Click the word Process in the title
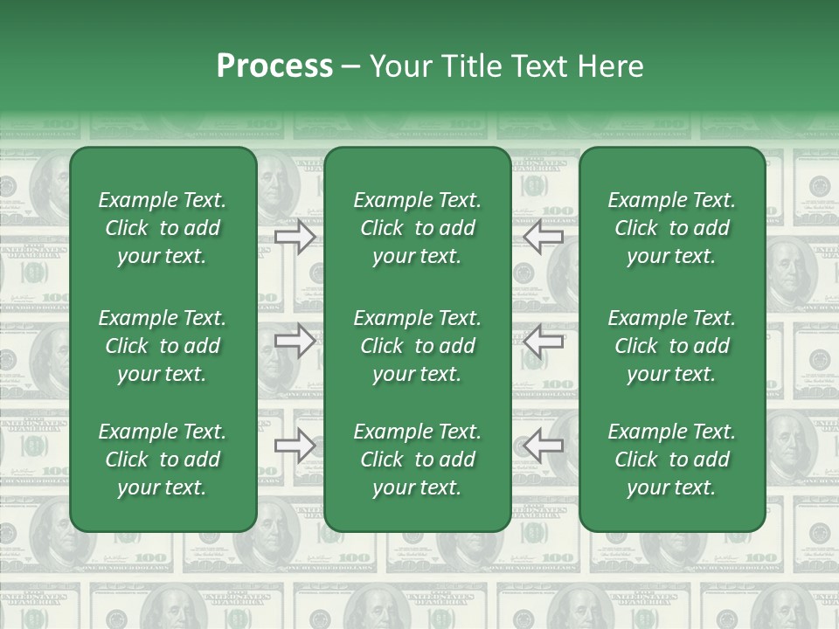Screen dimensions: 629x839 [274, 66]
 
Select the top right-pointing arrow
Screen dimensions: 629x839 [295, 236]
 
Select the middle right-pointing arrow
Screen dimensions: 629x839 [295, 341]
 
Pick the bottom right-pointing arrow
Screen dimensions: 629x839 [295, 446]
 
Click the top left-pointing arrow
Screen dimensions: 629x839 [543, 236]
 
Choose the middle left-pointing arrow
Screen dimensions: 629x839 [543, 341]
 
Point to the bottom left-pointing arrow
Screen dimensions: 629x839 [543, 446]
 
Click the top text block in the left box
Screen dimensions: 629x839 [163, 228]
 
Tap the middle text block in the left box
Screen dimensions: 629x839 [163, 346]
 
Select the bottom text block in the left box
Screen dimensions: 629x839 [163, 460]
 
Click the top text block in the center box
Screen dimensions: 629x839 [418, 228]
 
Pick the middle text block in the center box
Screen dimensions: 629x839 [418, 346]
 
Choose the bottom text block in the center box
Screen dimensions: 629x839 [418, 460]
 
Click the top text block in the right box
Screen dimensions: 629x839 [672, 228]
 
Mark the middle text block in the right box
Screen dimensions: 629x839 [672, 346]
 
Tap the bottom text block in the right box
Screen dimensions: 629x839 [672, 460]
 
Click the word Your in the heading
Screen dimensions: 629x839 [401, 66]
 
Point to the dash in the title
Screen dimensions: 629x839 [350, 67]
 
